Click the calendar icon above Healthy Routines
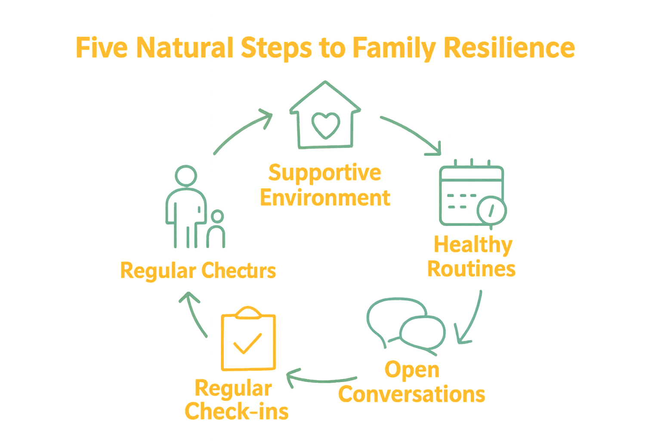pos(471,194)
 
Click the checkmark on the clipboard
pos(247,343)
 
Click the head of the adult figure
pos(186,176)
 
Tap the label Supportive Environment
pos(325,185)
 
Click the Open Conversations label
pos(412,382)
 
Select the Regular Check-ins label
pos(236,401)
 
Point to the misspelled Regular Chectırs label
pos(198,271)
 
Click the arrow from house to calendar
pos(412,134)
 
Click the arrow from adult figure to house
pos(242,131)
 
